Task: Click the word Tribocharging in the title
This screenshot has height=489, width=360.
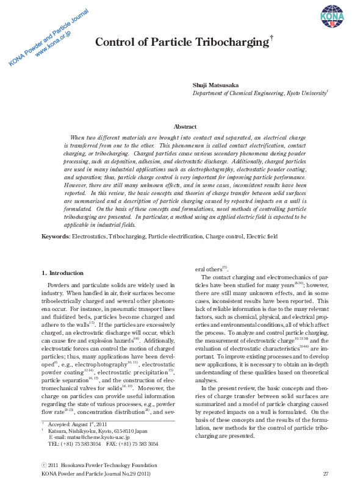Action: point(229,42)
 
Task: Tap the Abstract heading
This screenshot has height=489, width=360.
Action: point(185,126)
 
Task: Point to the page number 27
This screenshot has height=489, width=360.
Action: point(325,473)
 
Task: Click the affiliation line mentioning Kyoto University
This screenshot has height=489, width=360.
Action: point(261,93)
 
